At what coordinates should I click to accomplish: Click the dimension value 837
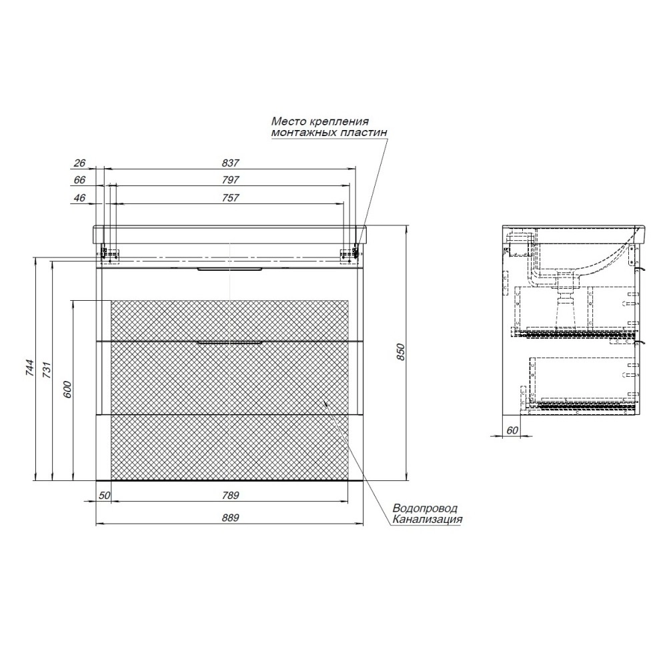click(x=230, y=163)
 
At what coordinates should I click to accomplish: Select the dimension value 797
click(x=230, y=180)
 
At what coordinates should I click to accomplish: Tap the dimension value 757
click(x=230, y=198)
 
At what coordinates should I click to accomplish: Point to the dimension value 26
click(x=79, y=163)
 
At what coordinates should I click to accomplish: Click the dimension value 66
click(x=79, y=180)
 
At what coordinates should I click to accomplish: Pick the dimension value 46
click(x=79, y=198)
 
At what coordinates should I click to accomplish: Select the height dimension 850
click(x=400, y=352)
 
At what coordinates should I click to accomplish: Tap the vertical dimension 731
click(x=47, y=370)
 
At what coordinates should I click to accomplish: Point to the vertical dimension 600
click(x=67, y=390)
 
